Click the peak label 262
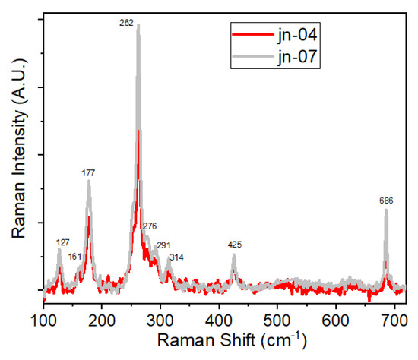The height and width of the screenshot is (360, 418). [127, 23]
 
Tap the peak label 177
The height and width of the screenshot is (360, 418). [88, 173]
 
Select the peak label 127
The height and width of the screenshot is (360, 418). [63, 242]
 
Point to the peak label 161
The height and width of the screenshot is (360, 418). [74, 257]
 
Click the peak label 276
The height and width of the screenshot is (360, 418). [149, 226]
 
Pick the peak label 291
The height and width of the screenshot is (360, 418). [163, 245]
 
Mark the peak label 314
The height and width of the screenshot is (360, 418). [176, 257]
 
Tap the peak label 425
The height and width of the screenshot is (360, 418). [235, 245]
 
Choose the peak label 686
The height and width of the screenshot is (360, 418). [386, 201]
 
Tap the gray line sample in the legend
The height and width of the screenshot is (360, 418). [251, 55]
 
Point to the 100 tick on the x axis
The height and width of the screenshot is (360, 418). [43, 321]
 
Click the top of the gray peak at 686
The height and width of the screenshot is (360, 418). [386, 210]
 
